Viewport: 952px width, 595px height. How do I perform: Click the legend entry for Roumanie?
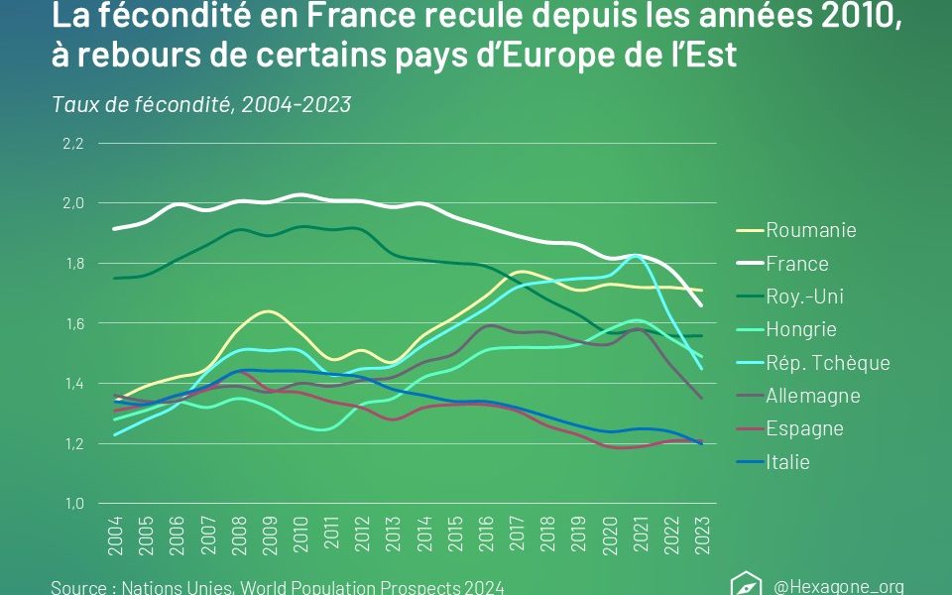point(810,230)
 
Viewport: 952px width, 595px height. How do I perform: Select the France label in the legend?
point(796,264)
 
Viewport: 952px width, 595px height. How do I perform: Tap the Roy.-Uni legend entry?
point(804,297)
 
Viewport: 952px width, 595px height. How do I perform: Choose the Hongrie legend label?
point(800,329)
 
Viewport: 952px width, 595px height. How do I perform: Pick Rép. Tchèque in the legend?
point(827,362)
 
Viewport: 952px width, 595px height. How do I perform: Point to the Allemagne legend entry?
point(812,396)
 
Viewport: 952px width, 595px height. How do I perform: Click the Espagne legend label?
point(804,428)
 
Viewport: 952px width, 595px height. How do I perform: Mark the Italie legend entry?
point(787,461)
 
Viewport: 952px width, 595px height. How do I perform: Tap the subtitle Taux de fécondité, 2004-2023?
point(201,104)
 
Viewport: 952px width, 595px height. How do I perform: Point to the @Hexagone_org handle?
point(838,586)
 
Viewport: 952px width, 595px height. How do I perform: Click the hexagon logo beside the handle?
point(745,585)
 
